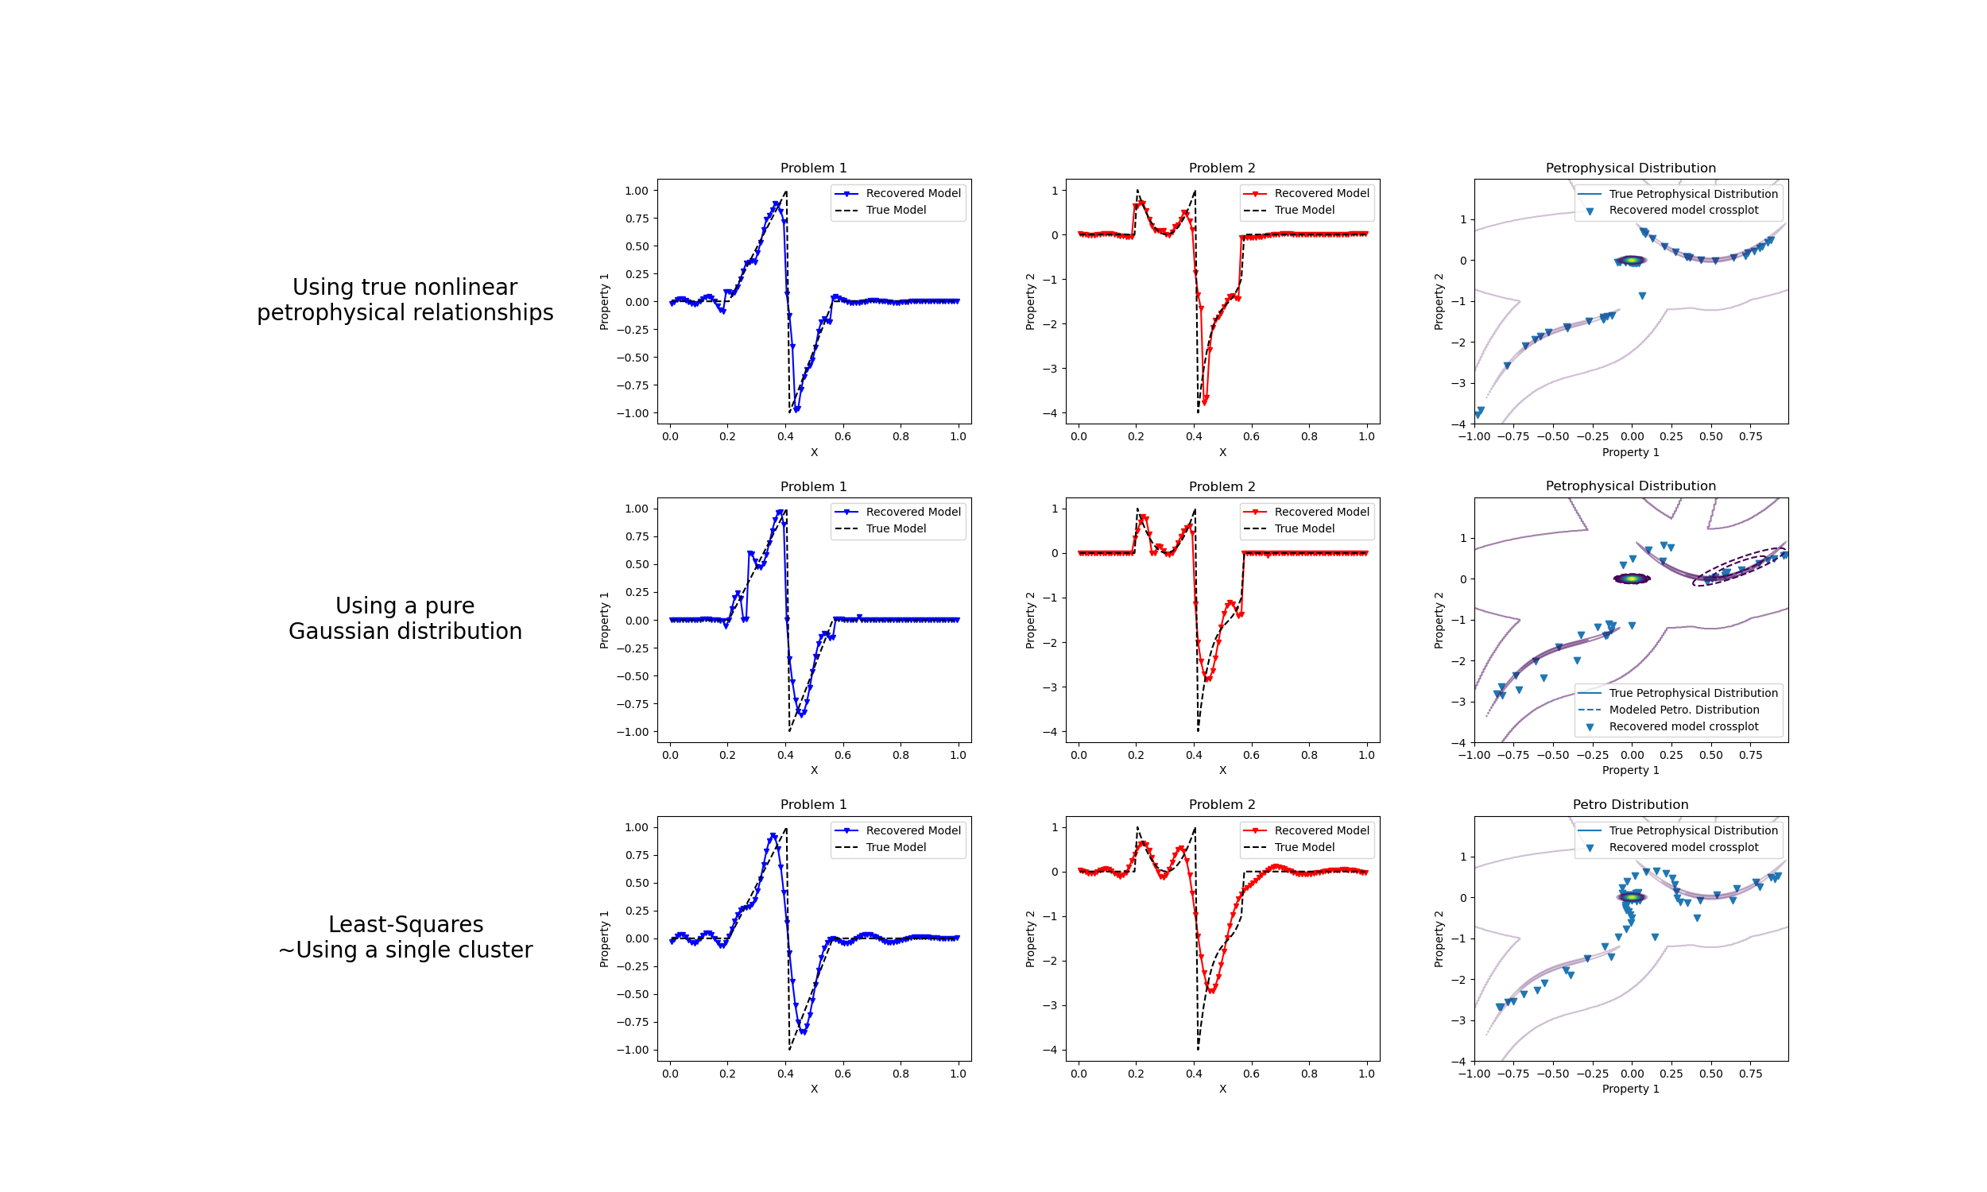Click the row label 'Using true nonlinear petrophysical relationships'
pos(405,300)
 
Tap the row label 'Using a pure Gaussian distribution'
pos(405,617)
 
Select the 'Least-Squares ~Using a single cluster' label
pos(405,937)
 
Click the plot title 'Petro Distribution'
pos(1629,804)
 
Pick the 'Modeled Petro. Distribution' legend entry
pos(1683,710)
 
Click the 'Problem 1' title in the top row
pos(813,168)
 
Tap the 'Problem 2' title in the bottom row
pos(1222,804)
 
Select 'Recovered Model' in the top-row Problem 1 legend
pos(912,193)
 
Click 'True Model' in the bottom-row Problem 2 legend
pos(1303,846)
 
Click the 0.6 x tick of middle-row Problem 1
pos(842,755)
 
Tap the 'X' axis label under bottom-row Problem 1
pos(814,1089)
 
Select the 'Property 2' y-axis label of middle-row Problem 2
pos(1029,620)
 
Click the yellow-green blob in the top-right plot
pos(1631,260)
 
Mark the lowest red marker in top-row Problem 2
pos(1205,400)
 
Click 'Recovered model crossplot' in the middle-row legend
pos(1683,726)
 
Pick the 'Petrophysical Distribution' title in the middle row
pos(1629,486)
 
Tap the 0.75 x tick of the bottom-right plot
pos(1750,1073)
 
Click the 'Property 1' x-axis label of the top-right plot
pos(1629,452)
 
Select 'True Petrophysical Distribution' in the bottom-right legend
pos(1693,830)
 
